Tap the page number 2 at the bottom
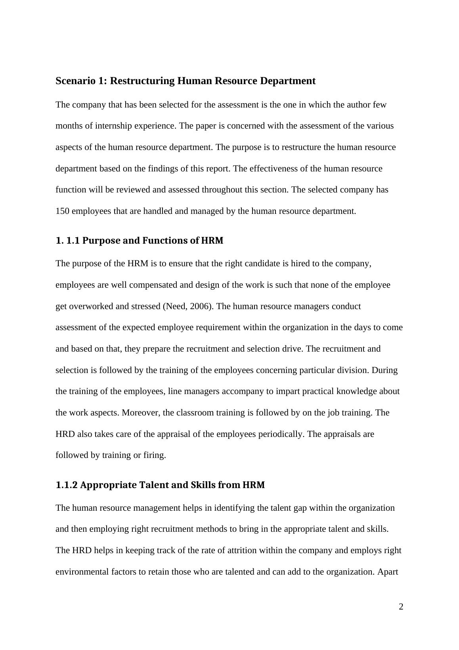[x=401, y=607]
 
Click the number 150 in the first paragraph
[x=63, y=211]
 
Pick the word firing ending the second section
[x=155, y=455]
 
